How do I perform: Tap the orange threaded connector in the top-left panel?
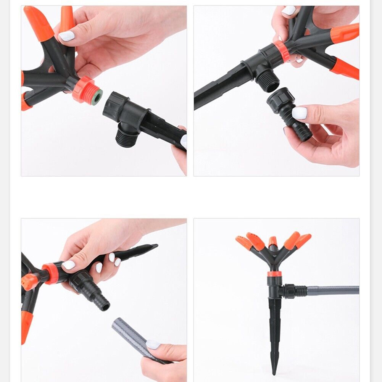85,90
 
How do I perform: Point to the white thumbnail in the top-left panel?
66,36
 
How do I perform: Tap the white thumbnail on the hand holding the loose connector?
299,113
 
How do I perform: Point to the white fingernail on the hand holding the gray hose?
153,344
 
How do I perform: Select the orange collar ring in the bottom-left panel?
50,273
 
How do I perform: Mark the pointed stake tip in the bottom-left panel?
153,246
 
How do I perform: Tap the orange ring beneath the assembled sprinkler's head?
274,274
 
